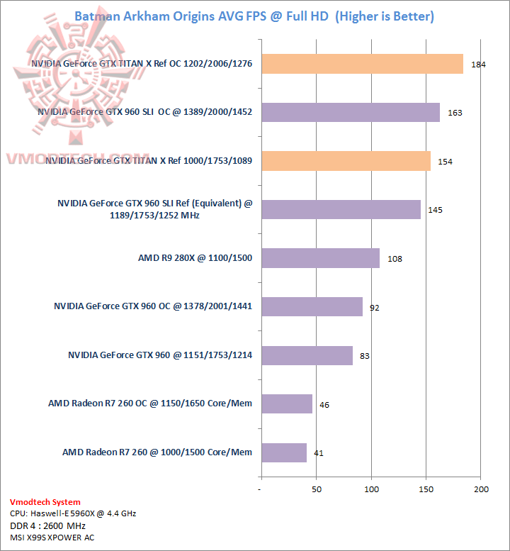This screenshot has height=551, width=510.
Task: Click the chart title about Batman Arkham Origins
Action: (254, 16)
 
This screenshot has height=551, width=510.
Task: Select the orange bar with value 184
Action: (362, 64)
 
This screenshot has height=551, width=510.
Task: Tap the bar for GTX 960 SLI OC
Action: (350, 112)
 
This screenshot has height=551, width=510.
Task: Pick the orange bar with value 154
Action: (346, 161)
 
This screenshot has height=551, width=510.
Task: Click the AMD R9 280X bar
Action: (320, 258)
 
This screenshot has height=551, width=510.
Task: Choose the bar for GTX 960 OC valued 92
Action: (312, 306)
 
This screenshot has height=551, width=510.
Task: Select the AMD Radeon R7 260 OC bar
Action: (286, 403)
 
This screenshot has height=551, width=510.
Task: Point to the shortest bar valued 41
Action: (283, 452)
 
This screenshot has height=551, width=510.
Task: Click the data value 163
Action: (455, 113)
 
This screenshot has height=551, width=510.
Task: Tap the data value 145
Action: (436, 210)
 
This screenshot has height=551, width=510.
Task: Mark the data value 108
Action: (395, 259)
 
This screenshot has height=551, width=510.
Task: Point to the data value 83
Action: (365, 356)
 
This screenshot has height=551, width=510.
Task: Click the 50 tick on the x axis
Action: (317, 490)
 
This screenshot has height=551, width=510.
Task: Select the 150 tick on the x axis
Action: (426, 490)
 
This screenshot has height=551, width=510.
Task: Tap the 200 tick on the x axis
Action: (482, 490)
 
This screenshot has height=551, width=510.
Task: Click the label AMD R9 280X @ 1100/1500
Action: (195, 258)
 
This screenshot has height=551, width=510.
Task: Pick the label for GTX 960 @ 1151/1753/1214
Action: (160, 355)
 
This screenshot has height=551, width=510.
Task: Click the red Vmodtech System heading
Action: (45, 502)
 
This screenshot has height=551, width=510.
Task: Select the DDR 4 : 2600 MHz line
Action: (47, 525)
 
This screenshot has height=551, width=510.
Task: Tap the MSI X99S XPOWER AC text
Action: (52, 538)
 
